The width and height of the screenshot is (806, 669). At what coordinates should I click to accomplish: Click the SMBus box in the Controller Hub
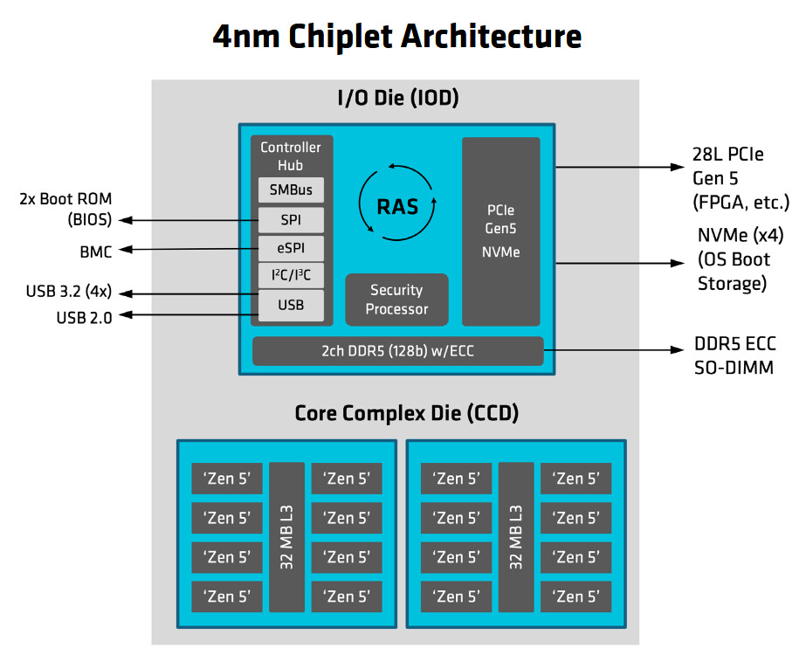point(291,190)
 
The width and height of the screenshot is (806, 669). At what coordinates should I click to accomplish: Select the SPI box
point(291,219)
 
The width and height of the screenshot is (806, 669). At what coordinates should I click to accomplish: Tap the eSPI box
point(291,248)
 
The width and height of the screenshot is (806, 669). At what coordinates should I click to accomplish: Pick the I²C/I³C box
point(291,277)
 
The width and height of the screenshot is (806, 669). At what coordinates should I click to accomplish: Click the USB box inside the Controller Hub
point(291,306)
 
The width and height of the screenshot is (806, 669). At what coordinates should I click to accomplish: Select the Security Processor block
point(397,300)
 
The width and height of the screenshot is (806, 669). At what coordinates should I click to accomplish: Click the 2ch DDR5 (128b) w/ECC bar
point(397,351)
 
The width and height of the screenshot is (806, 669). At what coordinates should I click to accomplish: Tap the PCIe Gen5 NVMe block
point(500,231)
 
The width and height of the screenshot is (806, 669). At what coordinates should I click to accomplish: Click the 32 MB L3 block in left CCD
point(286,537)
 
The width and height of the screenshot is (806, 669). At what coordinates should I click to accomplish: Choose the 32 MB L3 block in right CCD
point(516,537)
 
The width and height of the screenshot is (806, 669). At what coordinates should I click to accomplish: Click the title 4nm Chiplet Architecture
point(397,37)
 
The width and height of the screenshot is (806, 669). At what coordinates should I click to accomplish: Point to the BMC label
point(95,252)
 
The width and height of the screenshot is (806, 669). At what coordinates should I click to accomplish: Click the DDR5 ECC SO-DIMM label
point(734,355)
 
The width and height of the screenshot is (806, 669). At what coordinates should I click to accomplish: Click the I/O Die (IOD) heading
point(397,99)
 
